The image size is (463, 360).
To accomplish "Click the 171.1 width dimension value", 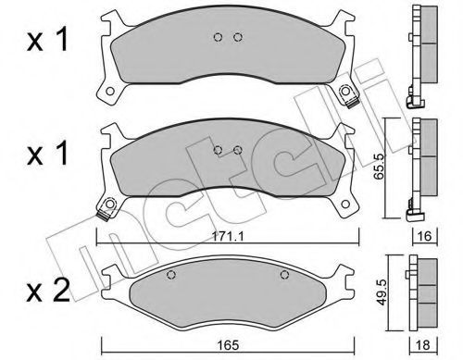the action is [228, 237].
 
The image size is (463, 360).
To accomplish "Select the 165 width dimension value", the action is [229, 345].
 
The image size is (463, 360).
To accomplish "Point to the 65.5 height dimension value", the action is [378, 167].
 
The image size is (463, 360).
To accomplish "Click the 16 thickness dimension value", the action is [425, 236].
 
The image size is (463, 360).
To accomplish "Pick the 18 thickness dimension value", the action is [422, 345].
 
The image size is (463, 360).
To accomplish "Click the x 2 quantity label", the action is [48, 292].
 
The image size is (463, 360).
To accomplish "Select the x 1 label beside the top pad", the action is [47, 41].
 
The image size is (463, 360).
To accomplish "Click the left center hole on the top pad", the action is [218, 37].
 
